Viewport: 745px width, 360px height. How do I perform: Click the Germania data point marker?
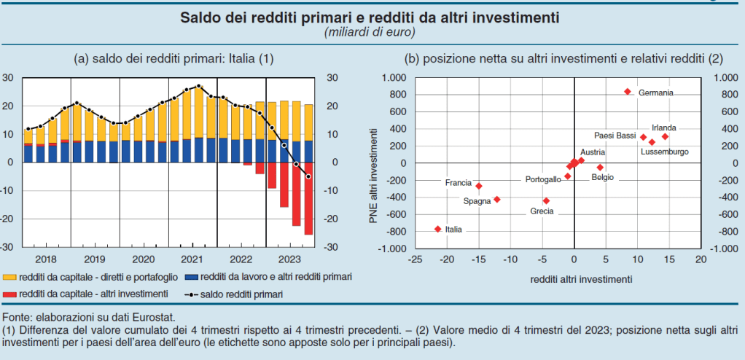coord(627,92)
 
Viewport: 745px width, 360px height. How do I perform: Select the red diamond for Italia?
coord(437,229)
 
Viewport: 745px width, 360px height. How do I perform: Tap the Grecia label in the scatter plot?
coord(541,211)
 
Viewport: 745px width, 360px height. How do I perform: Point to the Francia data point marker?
coord(479,186)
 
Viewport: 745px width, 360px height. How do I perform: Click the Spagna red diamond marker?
coord(497,199)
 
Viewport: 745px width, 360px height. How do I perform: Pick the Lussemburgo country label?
coord(664,152)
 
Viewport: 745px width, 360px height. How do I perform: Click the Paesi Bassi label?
coord(615,136)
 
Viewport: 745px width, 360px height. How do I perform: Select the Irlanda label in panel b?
coord(664,127)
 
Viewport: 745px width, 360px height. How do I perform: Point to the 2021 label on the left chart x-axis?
coord(191,259)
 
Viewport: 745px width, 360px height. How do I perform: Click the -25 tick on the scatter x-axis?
coord(415,259)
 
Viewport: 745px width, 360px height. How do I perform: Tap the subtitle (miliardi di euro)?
coord(370,32)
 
